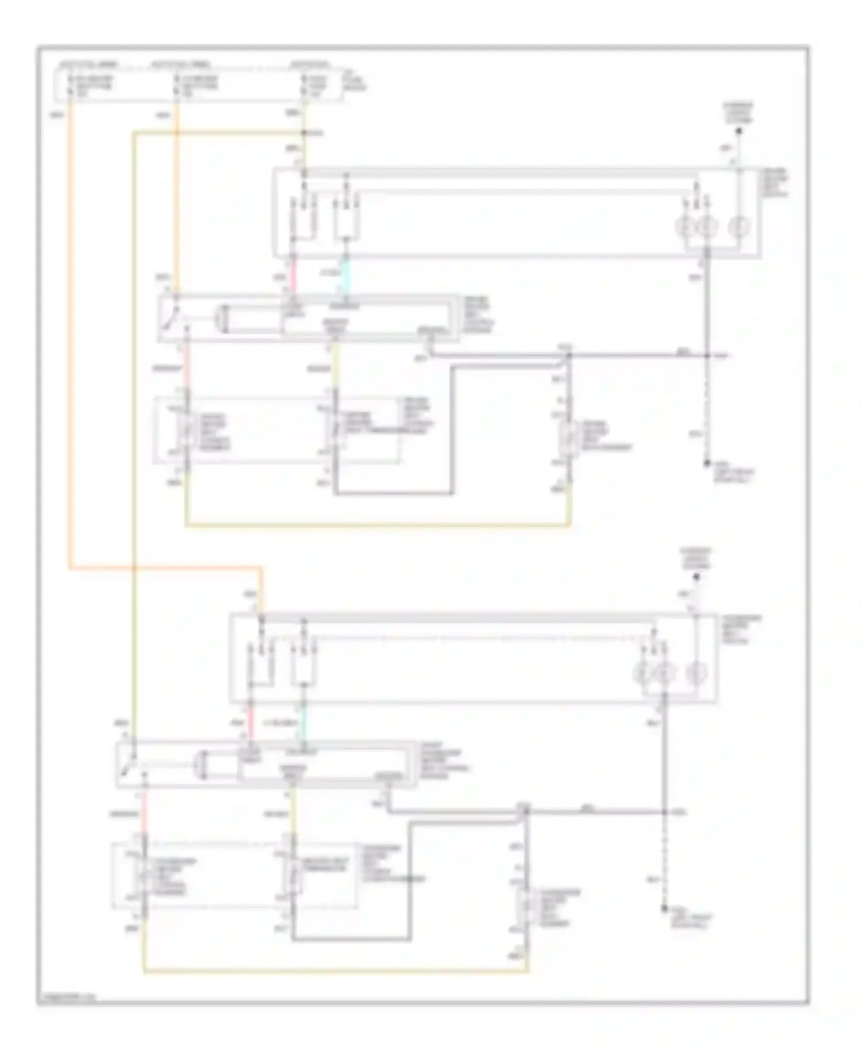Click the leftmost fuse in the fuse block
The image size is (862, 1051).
click(70, 85)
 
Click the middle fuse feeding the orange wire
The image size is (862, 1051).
click(176, 85)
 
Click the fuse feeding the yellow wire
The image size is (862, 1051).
click(305, 85)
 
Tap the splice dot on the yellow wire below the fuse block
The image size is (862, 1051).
click(305, 133)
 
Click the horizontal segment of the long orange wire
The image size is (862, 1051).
click(167, 569)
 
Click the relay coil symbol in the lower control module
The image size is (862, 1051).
click(201, 765)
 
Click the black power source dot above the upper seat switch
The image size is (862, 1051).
click(739, 132)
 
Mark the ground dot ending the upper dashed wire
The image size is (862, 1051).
click(707, 463)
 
